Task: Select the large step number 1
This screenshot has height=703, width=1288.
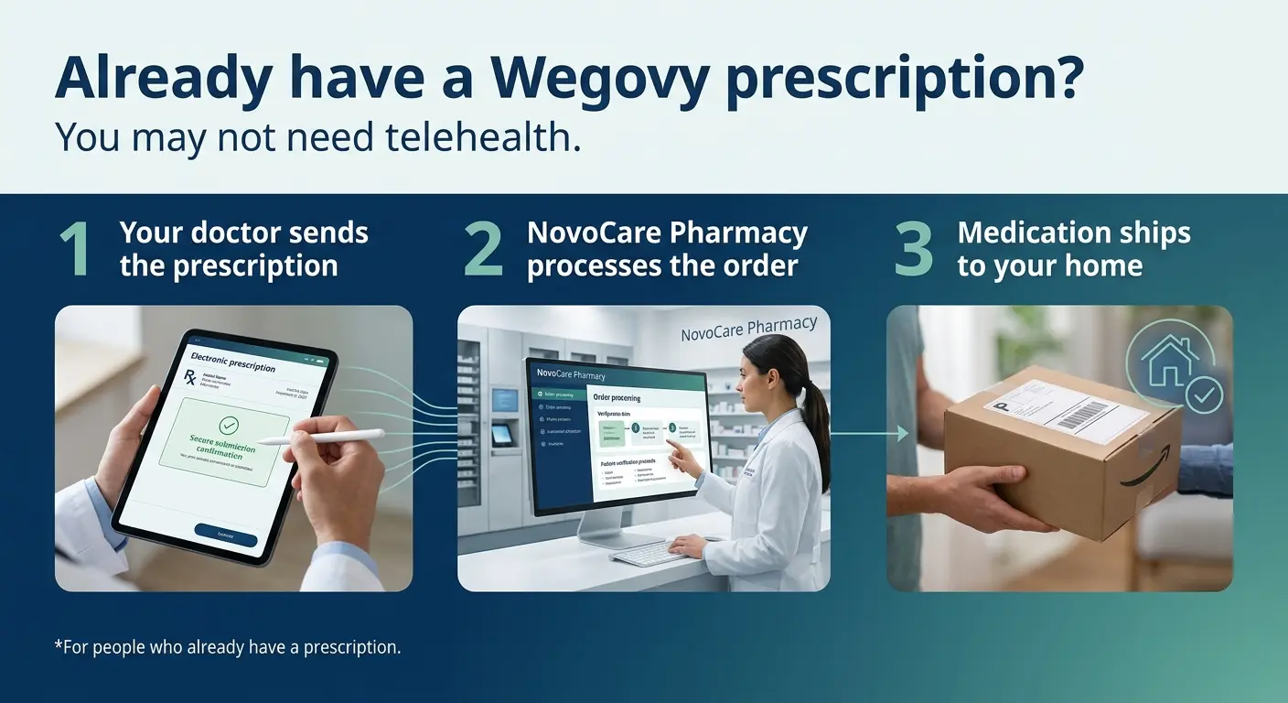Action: click(x=76, y=249)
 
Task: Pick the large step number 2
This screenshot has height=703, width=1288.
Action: click(x=483, y=249)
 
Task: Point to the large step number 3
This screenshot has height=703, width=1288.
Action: click(x=913, y=249)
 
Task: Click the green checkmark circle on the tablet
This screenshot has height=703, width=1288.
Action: click(x=229, y=425)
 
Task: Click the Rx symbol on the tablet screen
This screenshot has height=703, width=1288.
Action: click(x=189, y=377)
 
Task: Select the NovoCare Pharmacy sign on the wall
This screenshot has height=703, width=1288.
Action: click(x=748, y=329)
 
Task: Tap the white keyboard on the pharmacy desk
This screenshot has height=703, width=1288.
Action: click(x=652, y=553)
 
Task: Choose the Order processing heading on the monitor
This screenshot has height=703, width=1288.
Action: click(x=617, y=398)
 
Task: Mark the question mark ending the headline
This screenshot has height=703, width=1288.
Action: click(x=1067, y=81)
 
